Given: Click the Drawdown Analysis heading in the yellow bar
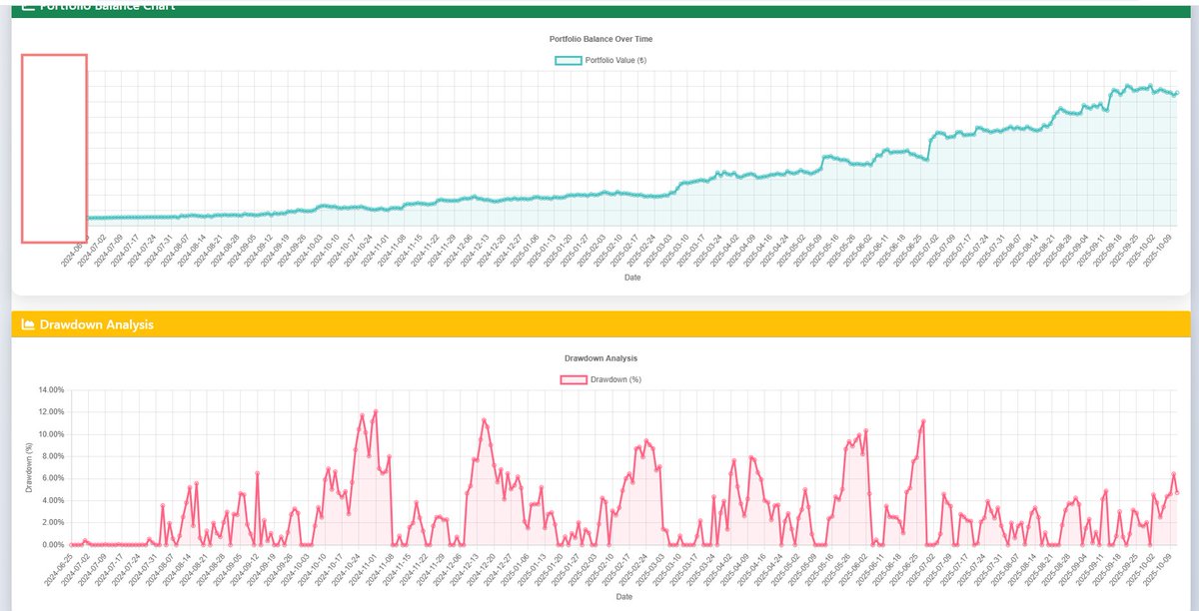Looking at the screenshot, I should (96, 324).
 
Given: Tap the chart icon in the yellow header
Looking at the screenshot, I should (28, 324).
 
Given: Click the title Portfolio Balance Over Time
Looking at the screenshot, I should (600, 39).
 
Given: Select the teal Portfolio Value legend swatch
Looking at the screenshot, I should (568, 60).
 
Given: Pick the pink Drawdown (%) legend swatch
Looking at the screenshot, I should (574, 379).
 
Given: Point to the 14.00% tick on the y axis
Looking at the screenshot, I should (49, 389).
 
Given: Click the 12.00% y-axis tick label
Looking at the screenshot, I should (49, 411).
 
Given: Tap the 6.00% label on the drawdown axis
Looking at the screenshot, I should (51, 478).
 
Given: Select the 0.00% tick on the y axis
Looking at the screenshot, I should (51, 545).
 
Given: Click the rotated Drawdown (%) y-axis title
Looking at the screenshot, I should (29, 467).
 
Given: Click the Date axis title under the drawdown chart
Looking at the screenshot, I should (623, 597).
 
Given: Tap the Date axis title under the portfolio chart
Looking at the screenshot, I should (630, 278).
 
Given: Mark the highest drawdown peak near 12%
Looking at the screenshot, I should (375, 411).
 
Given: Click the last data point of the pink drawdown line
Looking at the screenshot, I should (1177, 492).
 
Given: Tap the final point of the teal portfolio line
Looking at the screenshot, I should (1177, 93).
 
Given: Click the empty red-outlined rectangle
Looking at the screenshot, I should (54, 148).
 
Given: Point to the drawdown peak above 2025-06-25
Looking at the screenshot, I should (923, 421).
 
